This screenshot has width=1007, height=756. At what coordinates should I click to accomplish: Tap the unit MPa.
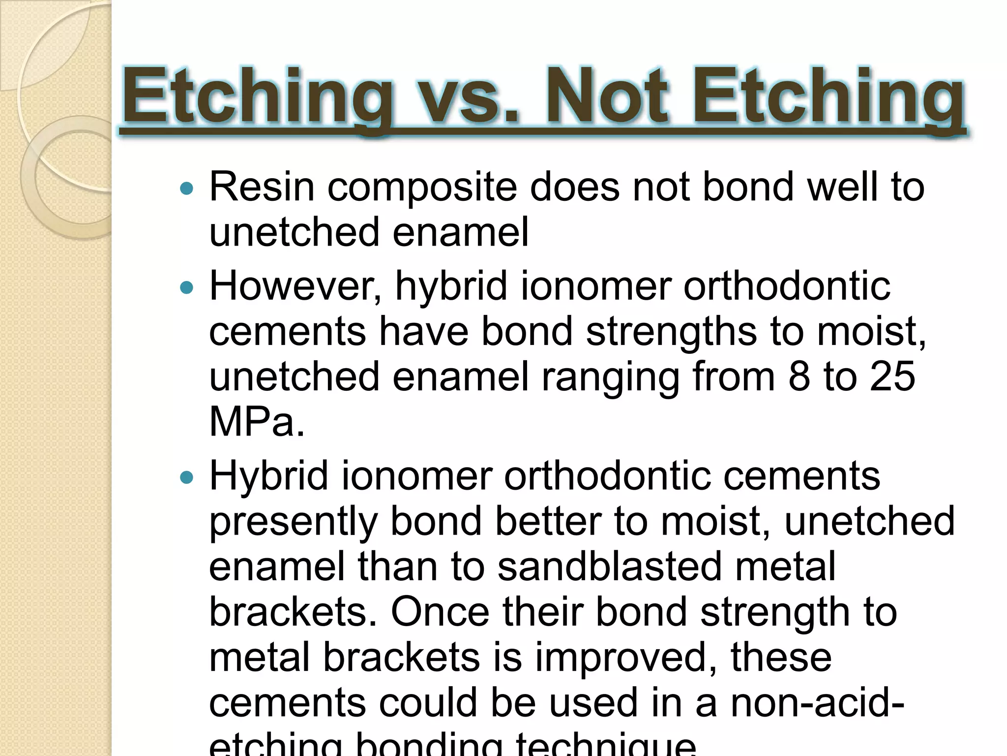256,422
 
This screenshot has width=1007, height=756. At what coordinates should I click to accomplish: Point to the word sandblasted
609,567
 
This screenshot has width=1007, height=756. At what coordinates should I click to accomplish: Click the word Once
440,612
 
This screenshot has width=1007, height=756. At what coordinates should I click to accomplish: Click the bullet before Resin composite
187,189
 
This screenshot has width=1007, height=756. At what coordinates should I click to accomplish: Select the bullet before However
187,287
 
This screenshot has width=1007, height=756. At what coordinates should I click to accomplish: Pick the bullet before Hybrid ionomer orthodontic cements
187,477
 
